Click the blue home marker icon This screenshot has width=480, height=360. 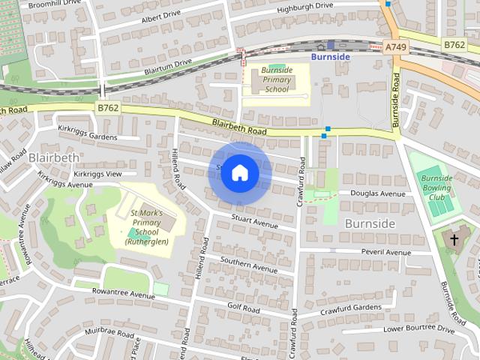coord(239,172)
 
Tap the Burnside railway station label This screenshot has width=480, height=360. coord(331,56)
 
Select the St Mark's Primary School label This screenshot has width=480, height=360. coord(147,226)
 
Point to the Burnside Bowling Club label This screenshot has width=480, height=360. coord(435,187)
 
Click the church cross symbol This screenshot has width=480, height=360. coord(454,240)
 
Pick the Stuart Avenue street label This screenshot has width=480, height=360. coord(255,221)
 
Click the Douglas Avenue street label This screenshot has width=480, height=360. coord(382,193)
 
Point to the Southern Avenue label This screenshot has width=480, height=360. coord(249,264)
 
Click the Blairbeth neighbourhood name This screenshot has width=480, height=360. coord(52,157)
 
